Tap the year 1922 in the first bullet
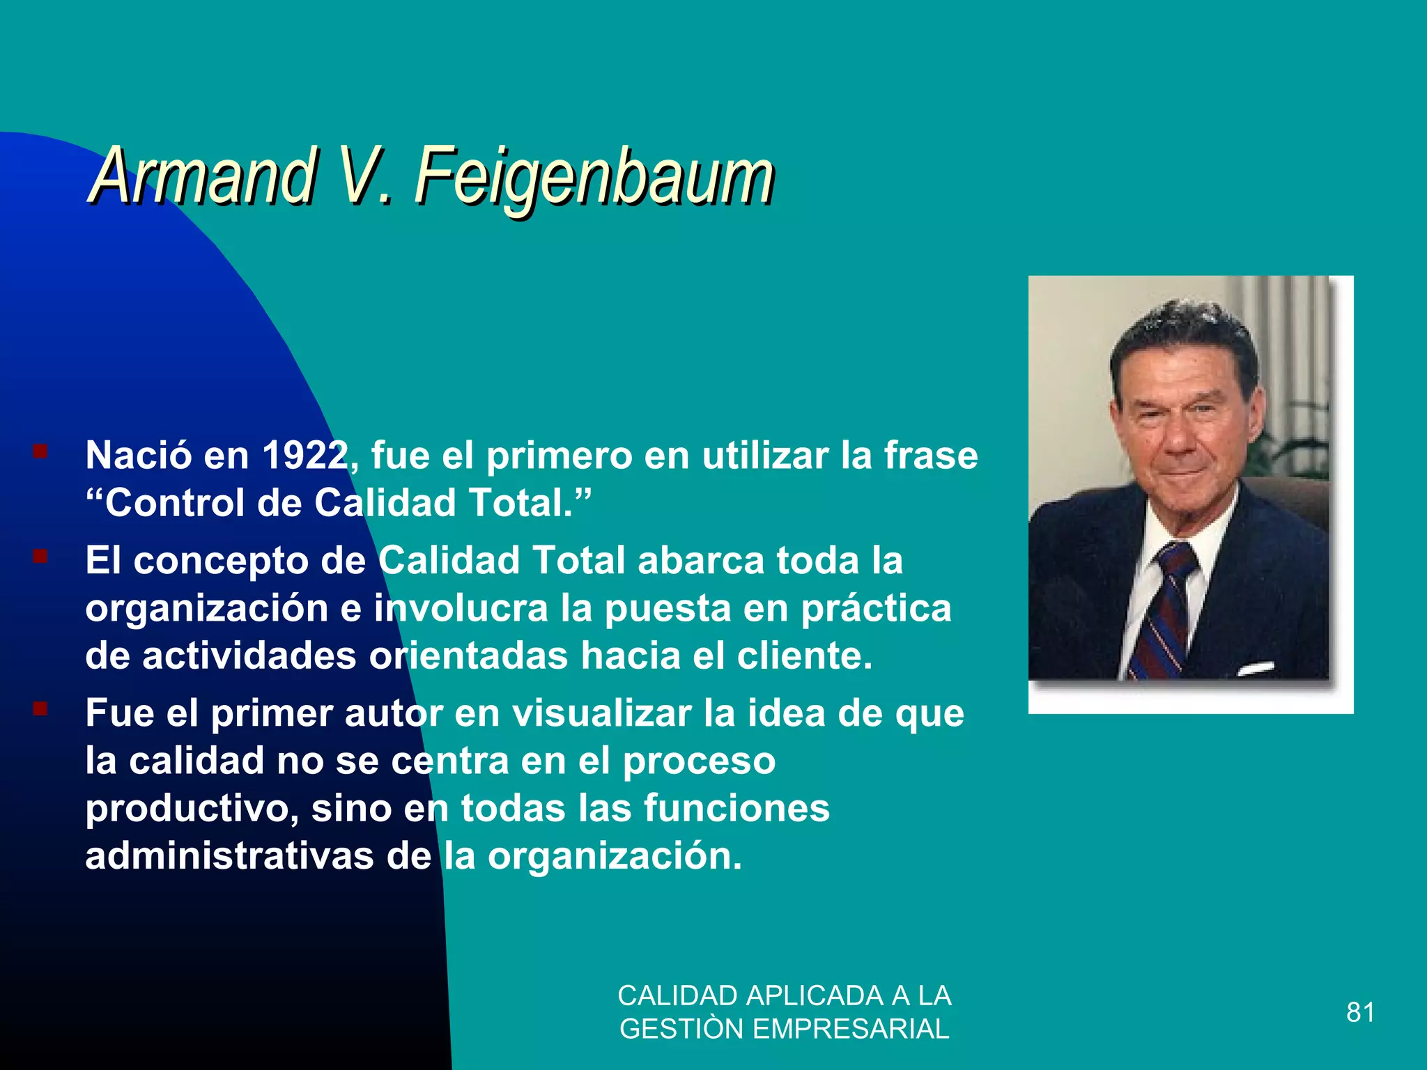[x=304, y=456]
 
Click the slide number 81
[x=1360, y=1012]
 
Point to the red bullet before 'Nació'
[x=40, y=451]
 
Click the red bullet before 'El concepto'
[x=40, y=557]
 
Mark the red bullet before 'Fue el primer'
[x=40, y=709]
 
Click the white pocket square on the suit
[x=1255, y=669]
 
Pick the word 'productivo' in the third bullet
[x=189, y=809]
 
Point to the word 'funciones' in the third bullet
[x=736, y=808]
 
